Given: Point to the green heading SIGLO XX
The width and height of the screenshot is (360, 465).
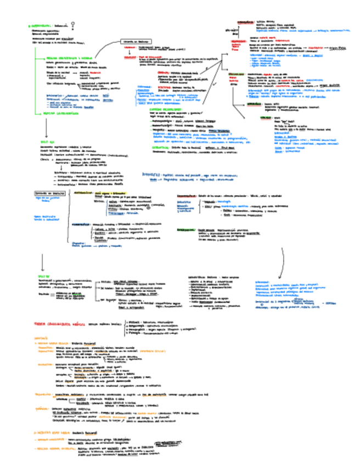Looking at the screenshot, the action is (x=43, y=277).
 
